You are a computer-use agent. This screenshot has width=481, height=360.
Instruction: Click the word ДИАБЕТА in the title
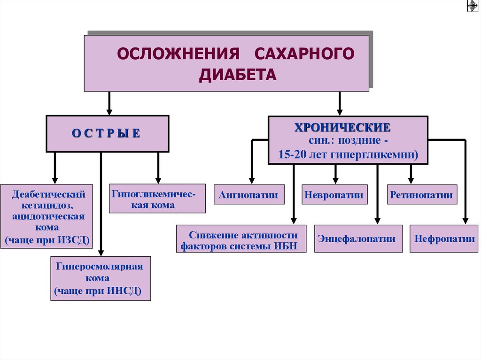point(238,75)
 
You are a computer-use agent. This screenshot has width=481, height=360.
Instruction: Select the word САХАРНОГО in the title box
point(304,54)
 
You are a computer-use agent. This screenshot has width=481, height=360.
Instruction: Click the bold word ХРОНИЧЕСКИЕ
point(342,128)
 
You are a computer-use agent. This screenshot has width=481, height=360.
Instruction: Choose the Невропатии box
point(334,195)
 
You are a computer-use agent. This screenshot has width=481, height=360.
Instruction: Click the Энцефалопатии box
point(358,238)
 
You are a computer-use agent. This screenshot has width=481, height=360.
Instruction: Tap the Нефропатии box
point(444,238)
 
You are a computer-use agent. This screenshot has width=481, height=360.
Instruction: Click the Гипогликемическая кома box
point(157,199)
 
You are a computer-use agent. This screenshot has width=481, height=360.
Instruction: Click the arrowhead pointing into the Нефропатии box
point(465,220)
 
